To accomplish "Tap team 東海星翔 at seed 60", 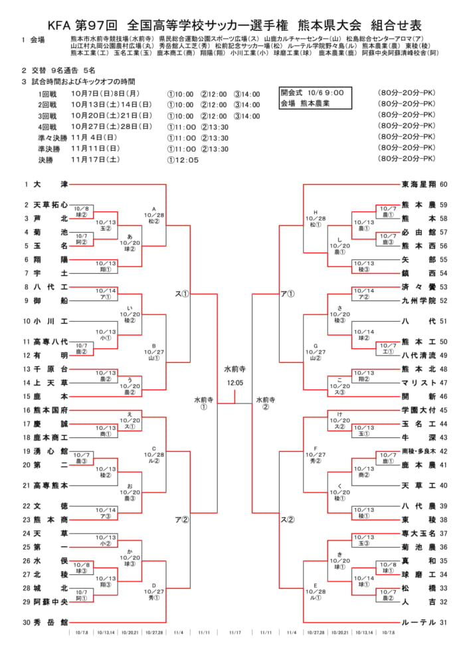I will (x=418, y=184).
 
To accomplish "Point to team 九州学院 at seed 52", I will (x=418, y=300).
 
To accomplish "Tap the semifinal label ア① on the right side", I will (x=287, y=293).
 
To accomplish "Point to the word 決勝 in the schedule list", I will (x=45, y=160).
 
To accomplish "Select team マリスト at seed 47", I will (x=418, y=383).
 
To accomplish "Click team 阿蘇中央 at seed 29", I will (x=50, y=602).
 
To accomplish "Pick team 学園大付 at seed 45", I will (x=418, y=410).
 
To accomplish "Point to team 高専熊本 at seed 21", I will (x=50, y=485).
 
